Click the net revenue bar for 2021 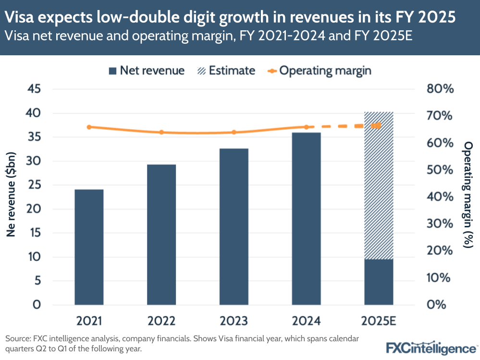(89, 247)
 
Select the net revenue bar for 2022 (161, 235)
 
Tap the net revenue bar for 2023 (234, 226)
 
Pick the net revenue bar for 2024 (306, 219)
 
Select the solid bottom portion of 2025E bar (379, 282)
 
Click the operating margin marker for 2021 (89, 127)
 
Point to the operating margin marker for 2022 (161, 132)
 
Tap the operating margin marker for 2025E (378, 125)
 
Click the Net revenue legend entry (147, 71)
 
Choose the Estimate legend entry (227, 71)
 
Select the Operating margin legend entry (320, 71)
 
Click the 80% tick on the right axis (440, 89)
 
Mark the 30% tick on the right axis (440, 224)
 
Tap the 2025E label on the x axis (379, 321)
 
